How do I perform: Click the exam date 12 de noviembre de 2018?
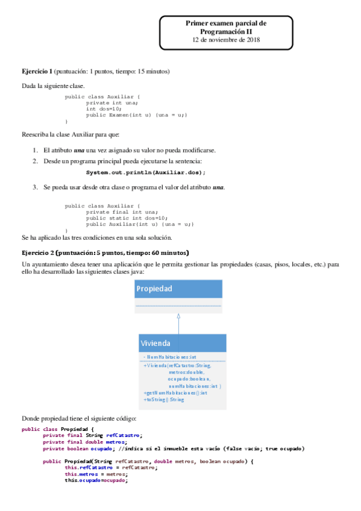tap(226, 40)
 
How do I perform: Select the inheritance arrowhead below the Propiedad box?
tap(178, 316)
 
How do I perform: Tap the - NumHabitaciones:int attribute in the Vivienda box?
tap(170, 357)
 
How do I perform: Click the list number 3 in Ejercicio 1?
tap(35, 187)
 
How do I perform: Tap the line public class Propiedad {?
tap(58, 429)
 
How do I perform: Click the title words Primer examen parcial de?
tap(226, 23)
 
